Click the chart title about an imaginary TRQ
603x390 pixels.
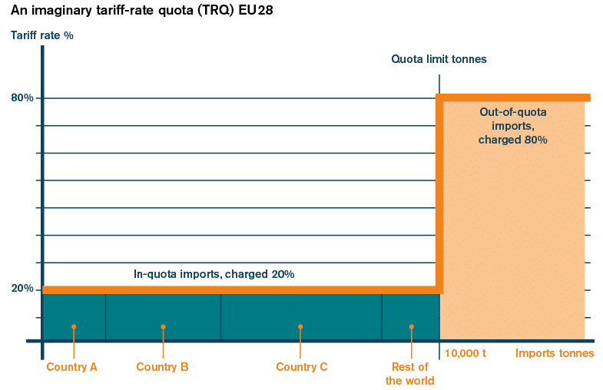140,11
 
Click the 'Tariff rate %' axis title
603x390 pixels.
42,35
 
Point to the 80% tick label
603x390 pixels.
22,97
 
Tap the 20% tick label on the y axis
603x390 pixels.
22,289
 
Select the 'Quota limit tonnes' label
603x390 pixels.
439,59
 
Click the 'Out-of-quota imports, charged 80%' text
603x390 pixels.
512,126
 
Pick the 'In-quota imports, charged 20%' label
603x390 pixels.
214,274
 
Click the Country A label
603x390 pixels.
72,367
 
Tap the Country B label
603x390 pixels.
162,367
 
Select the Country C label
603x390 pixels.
302,367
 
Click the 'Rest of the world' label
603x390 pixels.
409,374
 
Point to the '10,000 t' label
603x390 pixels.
466,353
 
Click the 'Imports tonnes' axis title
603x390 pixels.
555,353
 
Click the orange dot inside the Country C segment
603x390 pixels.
300,326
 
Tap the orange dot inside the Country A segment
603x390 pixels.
74,326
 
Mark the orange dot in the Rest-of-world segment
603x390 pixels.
412,326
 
